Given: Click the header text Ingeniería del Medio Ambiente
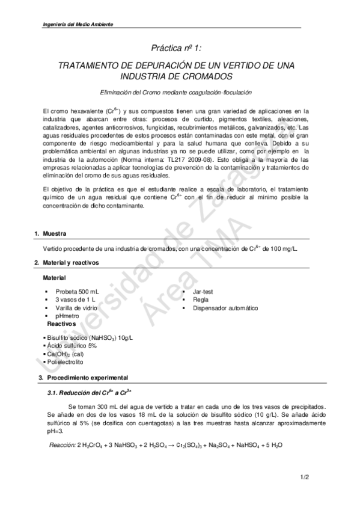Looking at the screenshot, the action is [78, 24].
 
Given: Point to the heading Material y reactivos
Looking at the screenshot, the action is [71, 263].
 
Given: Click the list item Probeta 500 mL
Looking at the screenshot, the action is [78, 291].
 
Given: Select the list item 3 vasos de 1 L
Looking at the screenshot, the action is [75, 300].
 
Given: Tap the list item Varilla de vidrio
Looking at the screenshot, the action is [76, 308].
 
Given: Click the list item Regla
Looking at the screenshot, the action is [201, 300].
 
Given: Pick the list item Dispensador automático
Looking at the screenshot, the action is [225, 308].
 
